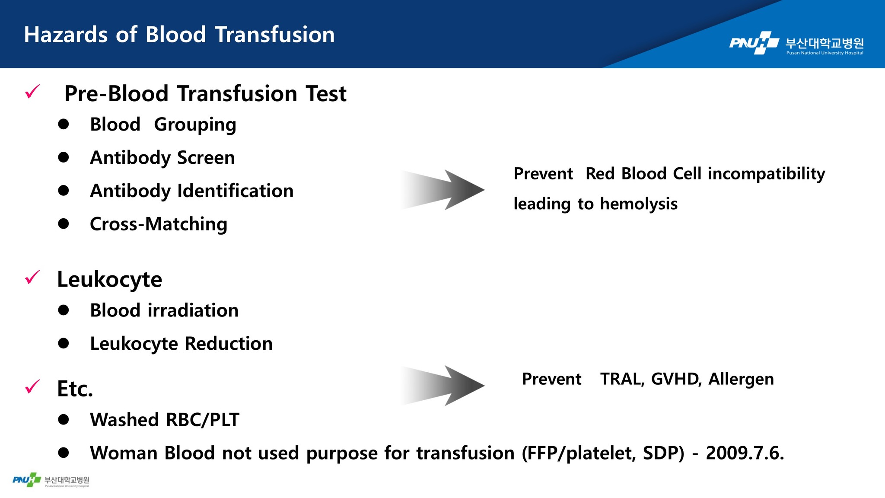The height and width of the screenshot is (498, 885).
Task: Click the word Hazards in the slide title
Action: tap(66, 35)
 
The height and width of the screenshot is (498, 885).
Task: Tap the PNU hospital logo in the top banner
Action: tap(796, 43)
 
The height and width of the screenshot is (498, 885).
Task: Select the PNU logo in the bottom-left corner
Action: tap(51, 480)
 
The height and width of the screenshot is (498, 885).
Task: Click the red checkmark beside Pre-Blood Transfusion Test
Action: tap(32, 91)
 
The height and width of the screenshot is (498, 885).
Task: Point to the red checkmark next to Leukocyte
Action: tap(32, 277)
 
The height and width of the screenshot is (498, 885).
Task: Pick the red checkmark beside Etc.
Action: tap(32, 386)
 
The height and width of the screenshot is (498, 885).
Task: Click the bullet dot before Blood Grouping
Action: tap(64, 124)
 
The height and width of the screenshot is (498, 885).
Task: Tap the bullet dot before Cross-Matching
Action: tap(64, 224)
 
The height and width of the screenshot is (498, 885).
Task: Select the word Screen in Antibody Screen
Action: tap(206, 157)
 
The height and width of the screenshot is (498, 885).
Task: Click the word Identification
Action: tap(236, 191)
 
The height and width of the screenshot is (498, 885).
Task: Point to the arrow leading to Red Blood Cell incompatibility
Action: tap(442, 190)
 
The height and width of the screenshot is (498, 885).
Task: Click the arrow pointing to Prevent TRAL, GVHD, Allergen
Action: tap(442, 386)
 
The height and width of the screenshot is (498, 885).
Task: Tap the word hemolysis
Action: tap(639, 204)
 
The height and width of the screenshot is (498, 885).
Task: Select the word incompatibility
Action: tap(766, 174)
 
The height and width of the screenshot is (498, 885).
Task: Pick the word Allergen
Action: tap(741, 379)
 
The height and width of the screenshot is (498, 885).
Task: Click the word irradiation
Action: tap(193, 310)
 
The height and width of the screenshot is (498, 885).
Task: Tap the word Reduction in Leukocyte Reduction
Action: tap(229, 344)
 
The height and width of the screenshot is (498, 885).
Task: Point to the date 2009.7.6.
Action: tap(745, 453)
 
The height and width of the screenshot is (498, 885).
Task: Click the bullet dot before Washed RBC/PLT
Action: tap(64, 420)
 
